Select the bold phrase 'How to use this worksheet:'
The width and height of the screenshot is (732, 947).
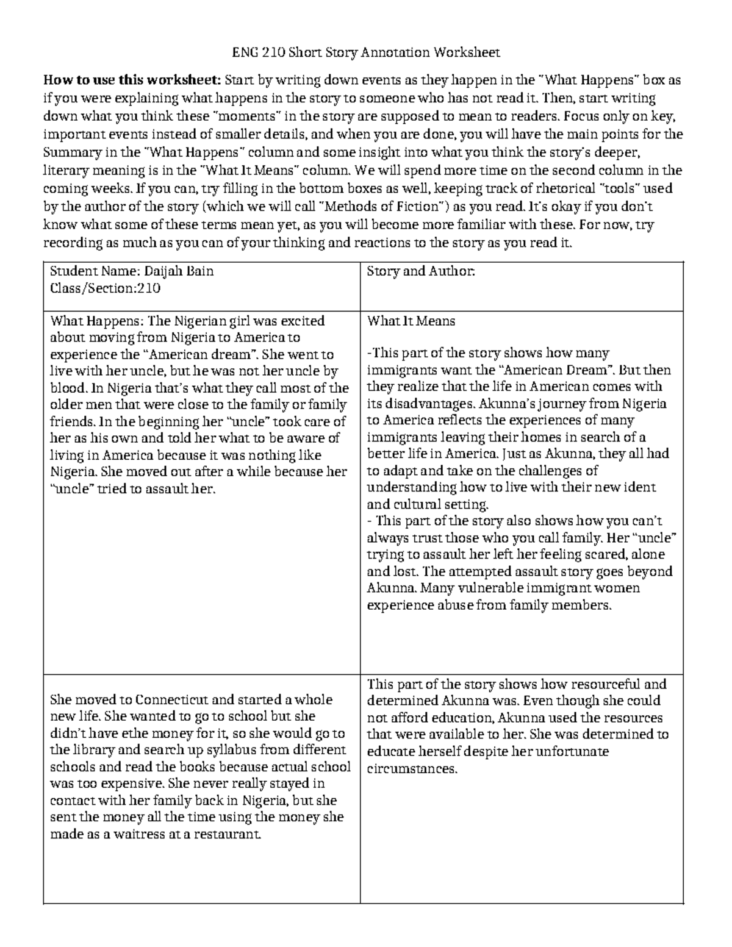pos(132,80)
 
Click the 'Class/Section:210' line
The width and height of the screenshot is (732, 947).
pos(105,288)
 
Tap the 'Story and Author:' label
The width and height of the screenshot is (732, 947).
pos(420,271)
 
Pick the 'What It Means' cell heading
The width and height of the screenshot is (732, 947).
pos(411,321)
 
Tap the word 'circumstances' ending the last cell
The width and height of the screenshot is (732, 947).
pos(411,768)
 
